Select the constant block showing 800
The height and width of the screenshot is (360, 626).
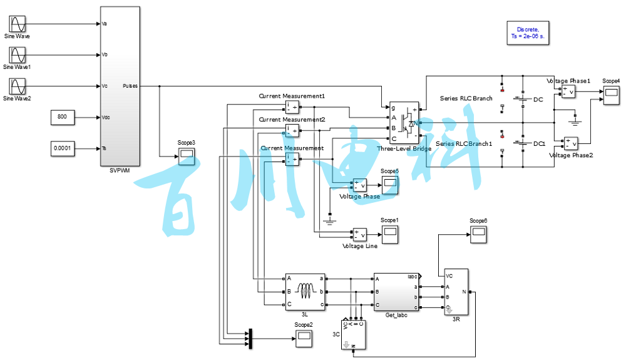tap(63, 117)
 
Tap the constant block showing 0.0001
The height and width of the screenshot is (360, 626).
tap(63, 148)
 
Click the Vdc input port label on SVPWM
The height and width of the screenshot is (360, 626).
tap(105, 117)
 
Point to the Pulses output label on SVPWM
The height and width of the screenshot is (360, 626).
tap(130, 86)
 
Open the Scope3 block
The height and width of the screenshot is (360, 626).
tap(187, 157)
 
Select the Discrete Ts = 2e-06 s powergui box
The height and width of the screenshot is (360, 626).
tap(528, 33)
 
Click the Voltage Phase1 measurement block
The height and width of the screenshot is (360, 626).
tap(568, 92)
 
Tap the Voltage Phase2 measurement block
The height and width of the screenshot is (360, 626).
tap(571, 143)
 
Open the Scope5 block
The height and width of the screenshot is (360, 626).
tap(390, 185)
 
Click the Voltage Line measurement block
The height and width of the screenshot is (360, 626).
tap(359, 235)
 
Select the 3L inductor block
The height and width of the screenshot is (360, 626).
tap(305, 292)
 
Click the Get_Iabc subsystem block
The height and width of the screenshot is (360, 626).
tap(397, 292)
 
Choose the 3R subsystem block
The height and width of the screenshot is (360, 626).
tap(455, 292)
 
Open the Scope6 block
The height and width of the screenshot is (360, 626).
tap(479, 235)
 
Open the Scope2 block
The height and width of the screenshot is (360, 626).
tap(304, 339)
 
